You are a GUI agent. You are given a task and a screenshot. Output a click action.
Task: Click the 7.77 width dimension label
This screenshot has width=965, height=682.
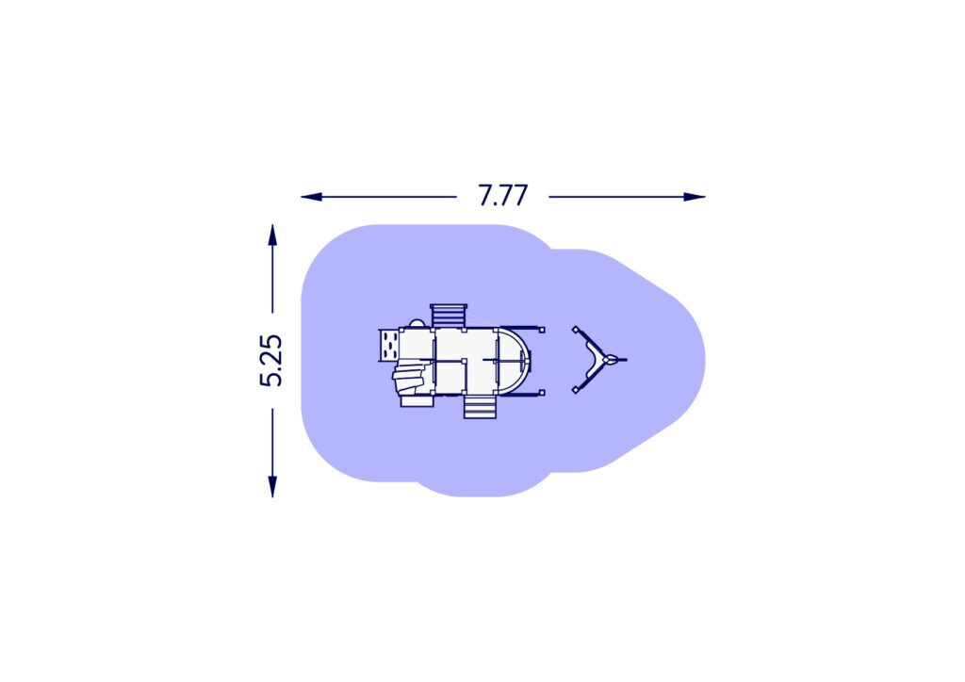pyautogui.click(x=502, y=196)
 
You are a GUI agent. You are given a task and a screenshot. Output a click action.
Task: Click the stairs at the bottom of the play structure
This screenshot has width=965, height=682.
pyautogui.click(x=480, y=406)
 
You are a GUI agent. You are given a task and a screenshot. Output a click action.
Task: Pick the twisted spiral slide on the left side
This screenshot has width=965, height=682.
pyautogui.click(x=411, y=379)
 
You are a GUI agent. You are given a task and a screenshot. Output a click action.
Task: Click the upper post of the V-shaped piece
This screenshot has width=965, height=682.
pyautogui.click(x=575, y=329)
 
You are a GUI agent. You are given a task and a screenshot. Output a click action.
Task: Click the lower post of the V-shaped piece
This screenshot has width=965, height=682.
pyautogui.click(x=575, y=390)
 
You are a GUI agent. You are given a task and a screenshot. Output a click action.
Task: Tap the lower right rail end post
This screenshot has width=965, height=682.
pyautogui.click(x=543, y=391)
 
